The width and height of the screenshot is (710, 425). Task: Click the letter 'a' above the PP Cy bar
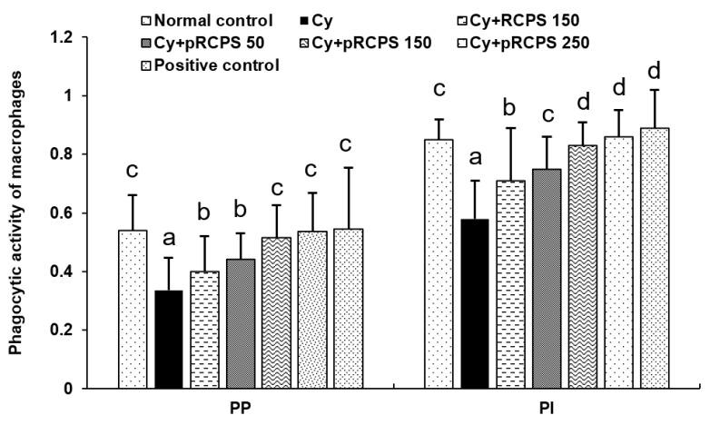(x=168, y=239)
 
